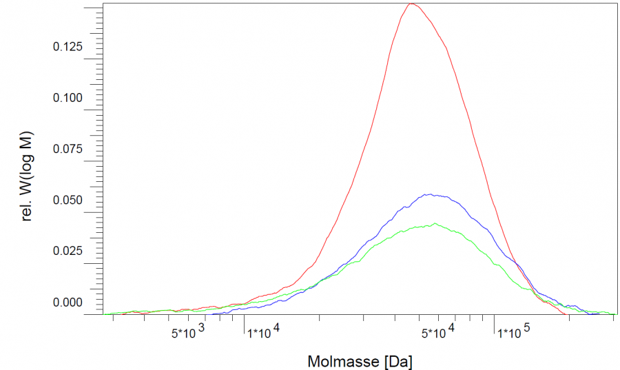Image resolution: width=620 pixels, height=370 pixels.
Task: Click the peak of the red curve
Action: click(x=411, y=4)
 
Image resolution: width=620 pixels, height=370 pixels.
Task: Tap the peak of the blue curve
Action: click(x=429, y=194)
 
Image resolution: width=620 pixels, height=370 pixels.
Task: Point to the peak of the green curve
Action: click(x=435, y=224)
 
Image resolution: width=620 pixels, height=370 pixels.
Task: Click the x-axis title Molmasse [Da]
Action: click(x=360, y=360)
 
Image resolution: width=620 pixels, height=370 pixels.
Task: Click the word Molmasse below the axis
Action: click(x=343, y=360)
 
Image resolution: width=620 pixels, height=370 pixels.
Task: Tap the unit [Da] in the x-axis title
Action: click(x=399, y=360)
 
